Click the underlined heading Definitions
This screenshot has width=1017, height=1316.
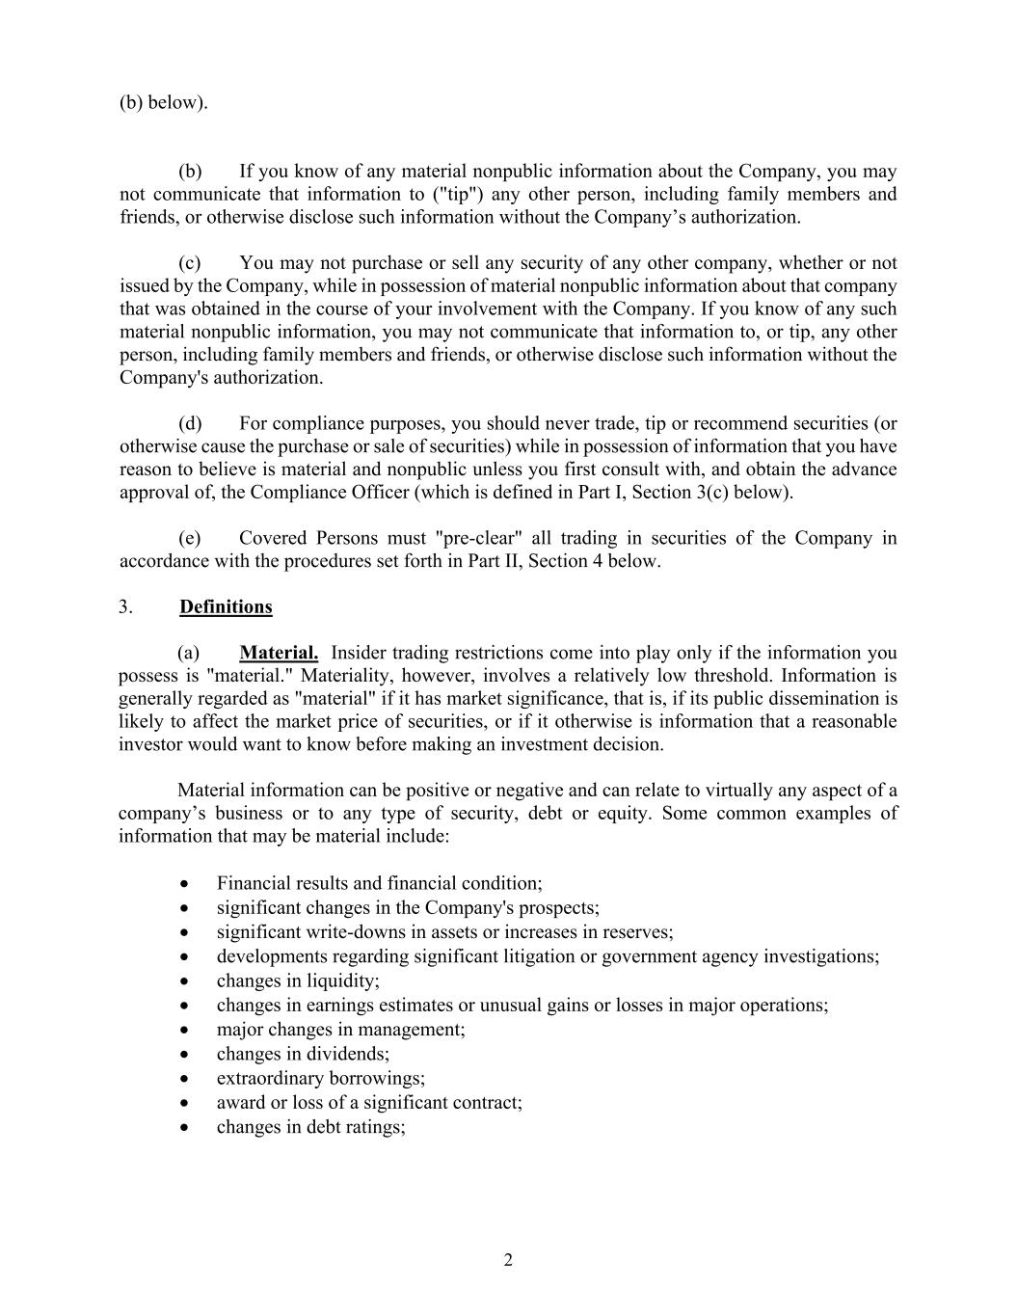pyautogui.click(x=226, y=606)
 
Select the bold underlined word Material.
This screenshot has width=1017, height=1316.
pyautogui.click(x=279, y=653)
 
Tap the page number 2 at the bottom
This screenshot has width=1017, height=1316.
pyautogui.click(x=508, y=1260)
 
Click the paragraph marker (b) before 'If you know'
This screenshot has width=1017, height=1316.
pyautogui.click(x=190, y=172)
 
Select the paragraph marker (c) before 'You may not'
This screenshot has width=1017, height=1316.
pyautogui.click(x=190, y=263)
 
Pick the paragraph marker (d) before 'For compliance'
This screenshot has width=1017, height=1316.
pyautogui.click(x=190, y=423)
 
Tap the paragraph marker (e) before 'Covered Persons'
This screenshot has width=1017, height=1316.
pyautogui.click(x=190, y=538)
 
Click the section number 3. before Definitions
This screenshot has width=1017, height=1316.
pyautogui.click(x=125, y=606)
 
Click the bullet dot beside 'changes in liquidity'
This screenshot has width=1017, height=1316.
pyautogui.click(x=184, y=981)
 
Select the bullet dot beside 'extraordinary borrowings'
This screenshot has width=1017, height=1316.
pyautogui.click(x=184, y=1079)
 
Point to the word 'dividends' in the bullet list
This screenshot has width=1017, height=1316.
pyautogui.click(x=347, y=1054)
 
